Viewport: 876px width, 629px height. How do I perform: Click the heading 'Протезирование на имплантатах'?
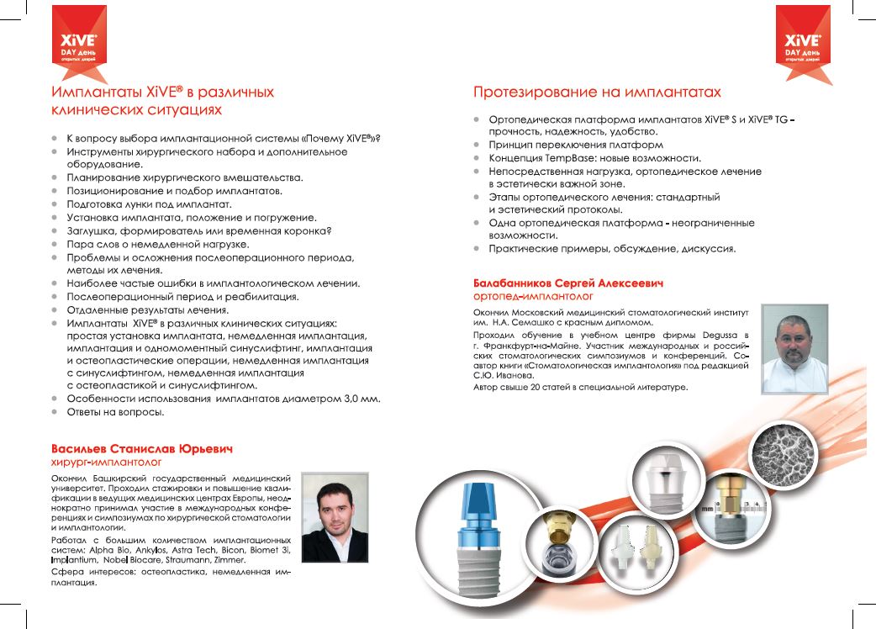(597, 92)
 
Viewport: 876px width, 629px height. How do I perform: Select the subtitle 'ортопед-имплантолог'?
(533, 296)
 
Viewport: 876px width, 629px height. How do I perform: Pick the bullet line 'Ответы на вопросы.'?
(115, 412)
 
